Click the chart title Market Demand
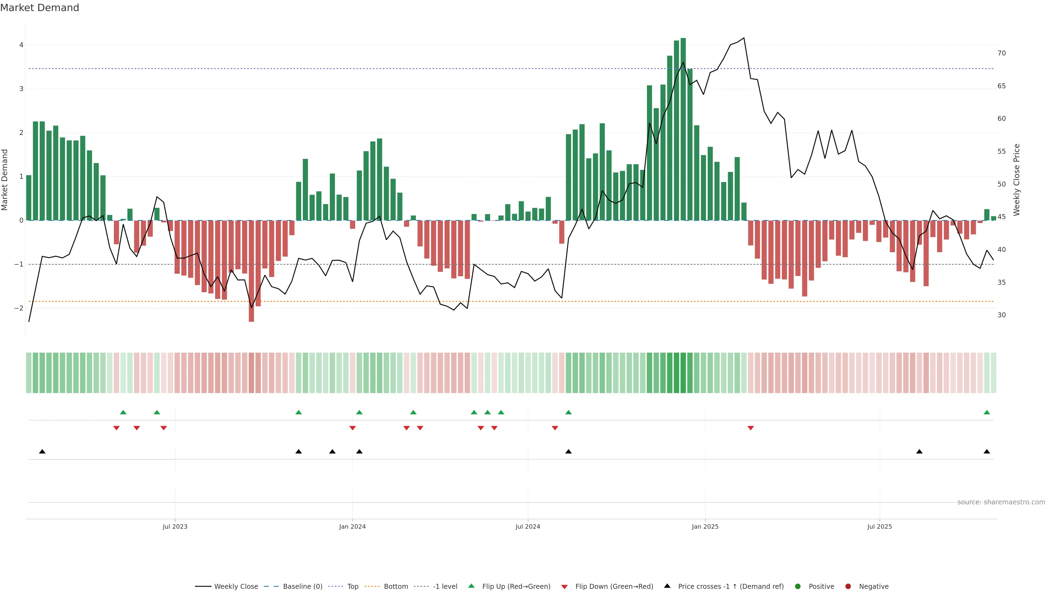pos(39,8)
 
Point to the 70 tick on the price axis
pos(1001,53)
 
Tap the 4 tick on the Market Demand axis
pos(22,45)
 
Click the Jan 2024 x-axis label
pos(352,526)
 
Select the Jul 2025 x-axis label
pos(879,526)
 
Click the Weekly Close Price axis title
pos(1017,180)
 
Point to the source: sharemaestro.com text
pos(1001,502)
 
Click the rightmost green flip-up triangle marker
pos(987,412)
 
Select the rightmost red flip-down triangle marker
pos(751,428)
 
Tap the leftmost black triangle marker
pos(42,452)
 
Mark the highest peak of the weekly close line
pos(744,38)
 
